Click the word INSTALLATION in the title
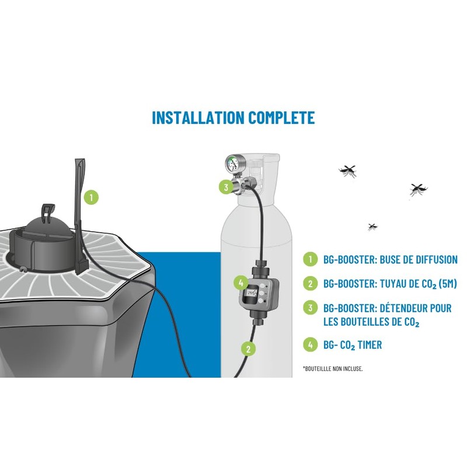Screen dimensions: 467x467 pyautogui.click(x=198, y=117)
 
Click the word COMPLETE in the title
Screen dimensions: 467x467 pyautogui.click(x=282, y=117)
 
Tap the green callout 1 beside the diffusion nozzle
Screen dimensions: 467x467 pyautogui.click(x=91, y=197)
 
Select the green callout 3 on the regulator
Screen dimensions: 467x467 pyautogui.click(x=226, y=187)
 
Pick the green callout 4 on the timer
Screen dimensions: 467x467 pyautogui.click(x=241, y=283)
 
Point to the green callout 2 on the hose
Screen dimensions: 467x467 pyautogui.click(x=249, y=348)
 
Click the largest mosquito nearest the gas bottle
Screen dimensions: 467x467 pyautogui.click(x=347, y=171)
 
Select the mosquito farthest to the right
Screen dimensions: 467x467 pyautogui.click(x=418, y=189)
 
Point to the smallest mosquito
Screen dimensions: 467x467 pyautogui.click(x=372, y=227)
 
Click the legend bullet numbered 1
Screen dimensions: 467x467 pyautogui.click(x=311, y=259)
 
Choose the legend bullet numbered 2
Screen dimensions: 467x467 pyautogui.click(x=311, y=284)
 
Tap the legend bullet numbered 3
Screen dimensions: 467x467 pyautogui.click(x=311, y=308)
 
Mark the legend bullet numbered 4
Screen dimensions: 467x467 pyautogui.click(x=311, y=344)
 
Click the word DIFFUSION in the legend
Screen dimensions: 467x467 pyautogui.click(x=437, y=259)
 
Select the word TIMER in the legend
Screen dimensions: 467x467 pyautogui.click(x=370, y=345)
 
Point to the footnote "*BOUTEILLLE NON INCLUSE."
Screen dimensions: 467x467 pyautogui.click(x=333, y=369)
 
